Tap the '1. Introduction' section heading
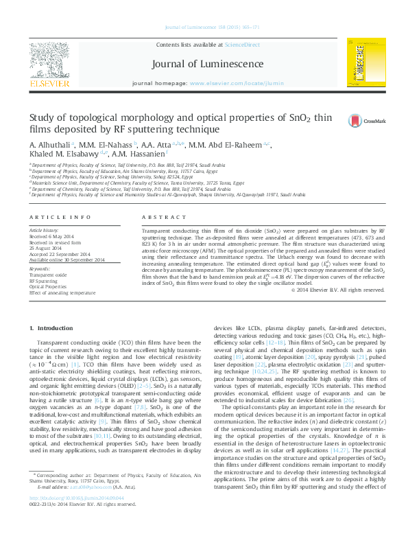[54, 329]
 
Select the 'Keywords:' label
[39, 268]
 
